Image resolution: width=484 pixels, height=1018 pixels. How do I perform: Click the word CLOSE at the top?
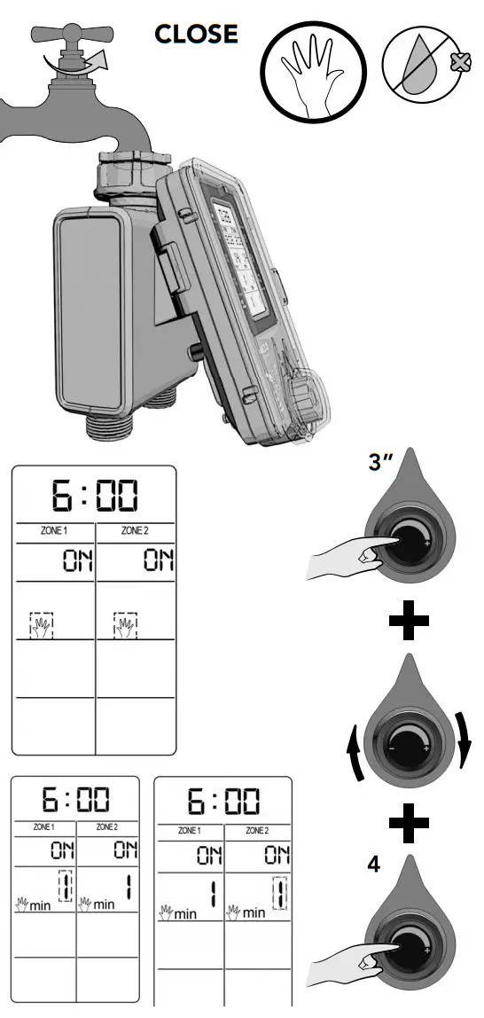pyautogui.click(x=196, y=34)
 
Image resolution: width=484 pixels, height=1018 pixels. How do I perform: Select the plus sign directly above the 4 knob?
pyautogui.click(x=409, y=824)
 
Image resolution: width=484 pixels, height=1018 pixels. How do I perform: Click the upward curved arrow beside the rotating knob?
pyautogui.click(x=355, y=754)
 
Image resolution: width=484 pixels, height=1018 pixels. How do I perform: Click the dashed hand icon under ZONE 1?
pyautogui.click(x=42, y=624)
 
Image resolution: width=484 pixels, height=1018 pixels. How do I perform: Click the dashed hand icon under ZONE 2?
pyautogui.click(x=126, y=624)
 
